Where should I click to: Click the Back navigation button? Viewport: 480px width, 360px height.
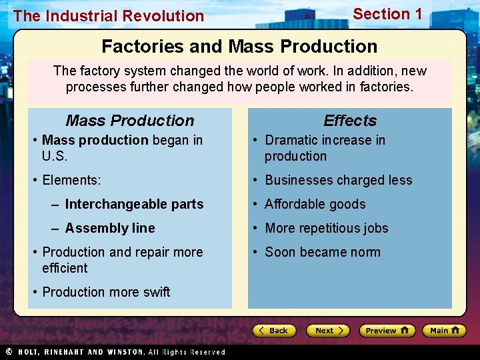pyautogui.click(x=274, y=331)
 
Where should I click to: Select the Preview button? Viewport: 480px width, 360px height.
pyautogui.click(x=387, y=331)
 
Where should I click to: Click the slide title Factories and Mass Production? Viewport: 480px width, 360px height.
pyautogui.click(x=239, y=47)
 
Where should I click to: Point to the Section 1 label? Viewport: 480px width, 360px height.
pyautogui.click(x=387, y=14)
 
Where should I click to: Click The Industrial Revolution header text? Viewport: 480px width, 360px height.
pyautogui.click(x=109, y=16)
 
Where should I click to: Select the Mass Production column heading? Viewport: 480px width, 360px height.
pyautogui.click(x=130, y=121)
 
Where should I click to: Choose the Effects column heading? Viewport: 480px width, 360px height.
pyautogui.click(x=350, y=121)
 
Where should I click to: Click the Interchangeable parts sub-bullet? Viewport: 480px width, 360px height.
pyautogui.click(x=134, y=204)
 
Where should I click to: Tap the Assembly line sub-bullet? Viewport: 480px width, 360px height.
pyautogui.click(x=110, y=228)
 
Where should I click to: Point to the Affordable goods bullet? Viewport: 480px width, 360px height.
pyautogui.click(x=315, y=204)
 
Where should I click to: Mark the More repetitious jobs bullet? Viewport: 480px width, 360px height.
pyautogui.click(x=326, y=228)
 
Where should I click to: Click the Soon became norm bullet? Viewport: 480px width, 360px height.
pyautogui.click(x=323, y=252)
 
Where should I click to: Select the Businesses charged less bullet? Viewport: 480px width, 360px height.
pyautogui.click(x=338, y=180)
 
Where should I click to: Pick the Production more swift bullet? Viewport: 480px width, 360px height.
pyautogui.click(x=106, y=292)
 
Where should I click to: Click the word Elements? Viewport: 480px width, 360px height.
pyautogui.click(x=71, y=180)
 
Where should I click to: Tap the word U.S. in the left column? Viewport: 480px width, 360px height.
pyautogui.click(x=55, y=156)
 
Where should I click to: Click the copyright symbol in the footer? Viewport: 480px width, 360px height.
pyautogui.click(x=8, y=351)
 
